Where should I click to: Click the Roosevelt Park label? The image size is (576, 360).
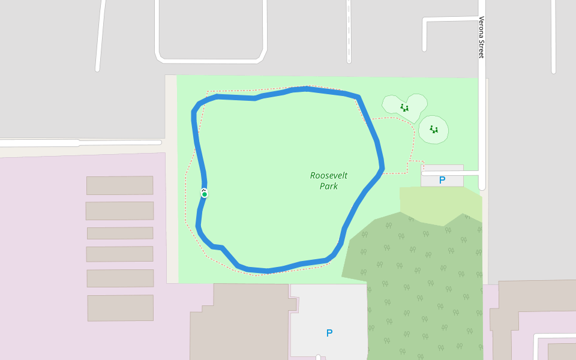coord(329,181)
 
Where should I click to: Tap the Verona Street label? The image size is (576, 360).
coord(481,37)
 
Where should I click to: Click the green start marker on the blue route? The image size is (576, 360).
coord(205,194)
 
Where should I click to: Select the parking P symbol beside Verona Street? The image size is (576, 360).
coord(442,180)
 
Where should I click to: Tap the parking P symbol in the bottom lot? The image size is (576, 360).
coord(329,333)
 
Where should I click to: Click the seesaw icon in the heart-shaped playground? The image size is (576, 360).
coord(404,108)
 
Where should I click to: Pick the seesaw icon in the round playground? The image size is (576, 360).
coord(433,129)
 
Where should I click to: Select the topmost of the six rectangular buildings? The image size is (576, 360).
coord(119,185)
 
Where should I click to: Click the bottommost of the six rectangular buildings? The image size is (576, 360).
coord(120,308)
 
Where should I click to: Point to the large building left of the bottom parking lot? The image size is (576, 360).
coord(240,324)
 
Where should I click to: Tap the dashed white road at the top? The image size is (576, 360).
coord(349,30)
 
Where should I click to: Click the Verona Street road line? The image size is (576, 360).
coord(481,120)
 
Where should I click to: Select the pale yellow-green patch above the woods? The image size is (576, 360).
coord(438,201)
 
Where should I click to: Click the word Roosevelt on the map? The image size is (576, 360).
coord(329,176)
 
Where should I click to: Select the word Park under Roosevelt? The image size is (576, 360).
coord(329,186)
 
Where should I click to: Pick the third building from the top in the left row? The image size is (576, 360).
coord(120,233)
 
